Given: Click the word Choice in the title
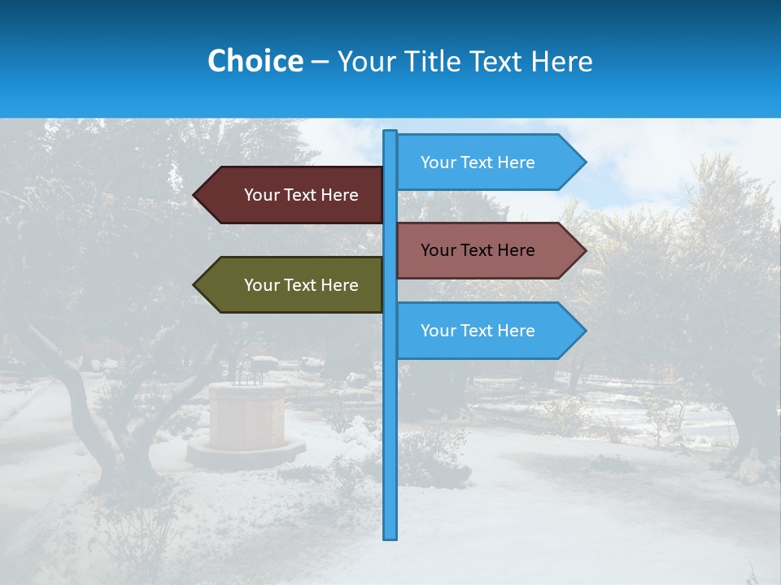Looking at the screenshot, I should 255,61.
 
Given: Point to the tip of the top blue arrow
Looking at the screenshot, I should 584,162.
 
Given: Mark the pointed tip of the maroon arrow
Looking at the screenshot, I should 195,195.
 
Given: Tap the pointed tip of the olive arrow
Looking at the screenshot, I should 195,285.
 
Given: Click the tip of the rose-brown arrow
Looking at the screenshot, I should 584,250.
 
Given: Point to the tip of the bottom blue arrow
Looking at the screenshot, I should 584,331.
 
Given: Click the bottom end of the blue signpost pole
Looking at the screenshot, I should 390,536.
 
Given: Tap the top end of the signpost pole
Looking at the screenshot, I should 390,132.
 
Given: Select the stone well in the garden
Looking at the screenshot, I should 247,414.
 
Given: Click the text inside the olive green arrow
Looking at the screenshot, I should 301,285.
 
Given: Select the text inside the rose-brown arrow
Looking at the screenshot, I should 478,250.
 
